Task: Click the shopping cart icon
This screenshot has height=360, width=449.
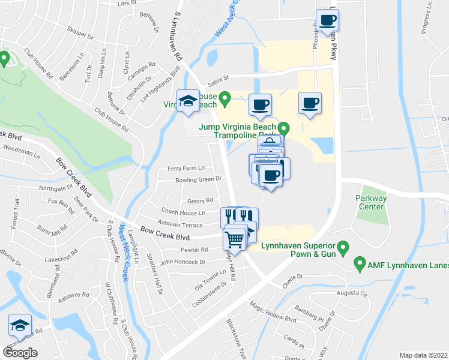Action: (x=235, y=239)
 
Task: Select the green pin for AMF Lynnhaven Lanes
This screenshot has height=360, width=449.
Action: (x=360, y=262)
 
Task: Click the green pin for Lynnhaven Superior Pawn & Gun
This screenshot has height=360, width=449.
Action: (x=343, y=246)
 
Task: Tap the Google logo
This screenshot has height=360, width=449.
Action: (x=20, y=352)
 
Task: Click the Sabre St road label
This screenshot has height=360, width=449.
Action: (x=218, y=77)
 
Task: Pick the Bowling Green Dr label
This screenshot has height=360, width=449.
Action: (x=199, y=179)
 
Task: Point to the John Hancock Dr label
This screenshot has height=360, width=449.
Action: (x=182, y=262)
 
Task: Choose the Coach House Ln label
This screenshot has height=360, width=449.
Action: (x=183, y=212)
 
